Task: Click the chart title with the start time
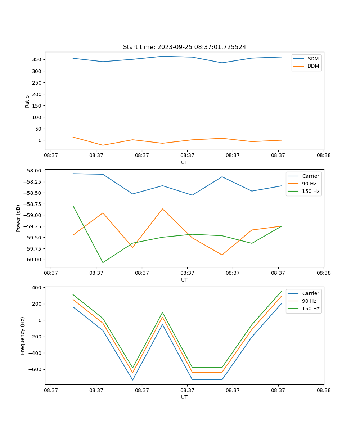click(x=184, y=47)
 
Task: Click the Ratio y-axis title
click(x=27, y=101)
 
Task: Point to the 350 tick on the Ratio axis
click(x=37, y=59)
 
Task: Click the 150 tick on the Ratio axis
click(x=37, y=105)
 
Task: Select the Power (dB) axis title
click(x=18, y=218)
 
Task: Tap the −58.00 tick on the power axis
click(x=32, y=171)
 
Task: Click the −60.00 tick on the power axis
click(x=32, y=260)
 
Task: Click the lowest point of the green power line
click(x=103, y=262)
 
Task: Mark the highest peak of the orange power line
click(x=162, y=209)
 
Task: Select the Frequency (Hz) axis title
click(x=23, y=336)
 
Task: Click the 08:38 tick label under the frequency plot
click(x=323, y=390)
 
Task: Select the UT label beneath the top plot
click(x=184, y=162)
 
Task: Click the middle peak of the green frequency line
click(x=162, y=312)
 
